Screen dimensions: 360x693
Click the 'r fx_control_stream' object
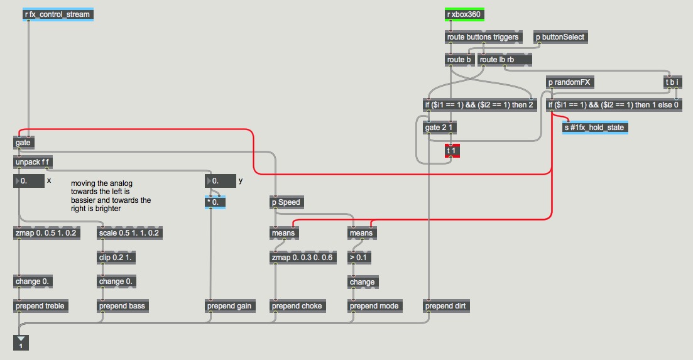pyautogui.click(x=58, y=14)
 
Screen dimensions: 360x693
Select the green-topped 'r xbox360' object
pyautogui.click(x=466, y=14)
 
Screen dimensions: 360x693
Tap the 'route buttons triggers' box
pyautogui.click(x=483, y=37)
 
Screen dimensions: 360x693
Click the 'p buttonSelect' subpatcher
pyautogui.click(x=560, y=37)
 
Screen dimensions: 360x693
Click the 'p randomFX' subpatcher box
pyautogui.click(x=570, y=82)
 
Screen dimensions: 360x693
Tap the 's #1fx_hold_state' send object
pyautogui.click(x=595, y=128)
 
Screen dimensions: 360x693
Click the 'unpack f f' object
pyautogui.click(x=33, y=162)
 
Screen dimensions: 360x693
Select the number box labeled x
pyautogui.click(x=29, y=181)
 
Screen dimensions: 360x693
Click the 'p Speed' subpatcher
pyautogui.click(x=286, y=202)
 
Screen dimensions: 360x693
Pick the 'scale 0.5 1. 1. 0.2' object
pyautogui.click(x=129, y=233)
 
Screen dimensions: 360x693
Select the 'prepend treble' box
pyautogui.click(x=40, y=306)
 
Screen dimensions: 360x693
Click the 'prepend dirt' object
pyautogui.click(x=446, y=306)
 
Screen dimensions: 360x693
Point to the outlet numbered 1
pyautogui.click(x=20, y=342)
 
